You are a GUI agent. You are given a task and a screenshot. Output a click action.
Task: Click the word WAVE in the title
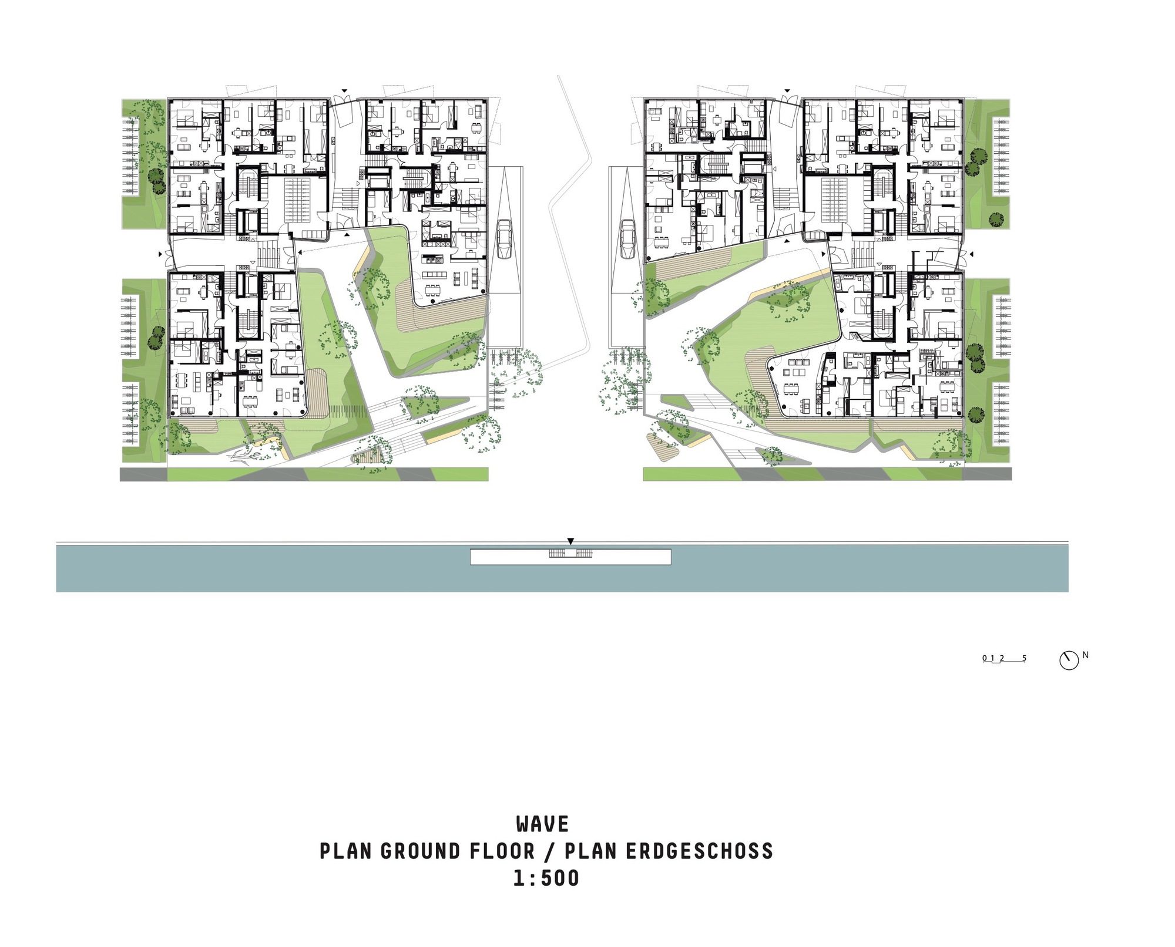coord(542,824)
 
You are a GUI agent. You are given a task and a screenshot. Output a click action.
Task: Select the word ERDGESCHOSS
coord(699,851)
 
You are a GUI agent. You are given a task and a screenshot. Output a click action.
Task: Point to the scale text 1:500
coord(546,878)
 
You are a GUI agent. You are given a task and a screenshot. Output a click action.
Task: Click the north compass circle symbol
coord(1069,660)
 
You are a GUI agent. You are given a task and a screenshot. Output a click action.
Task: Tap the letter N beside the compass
coord(1086,655)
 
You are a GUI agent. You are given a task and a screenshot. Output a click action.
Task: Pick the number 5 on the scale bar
coord(1024,658)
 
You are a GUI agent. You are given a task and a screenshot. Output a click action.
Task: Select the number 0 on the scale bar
coord(985,658)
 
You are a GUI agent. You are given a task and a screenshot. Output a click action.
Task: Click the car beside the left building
coord(505,239)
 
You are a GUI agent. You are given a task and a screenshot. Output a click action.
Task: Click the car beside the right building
coord(627,239)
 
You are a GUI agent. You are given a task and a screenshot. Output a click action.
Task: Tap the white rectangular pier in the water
coord(570,557)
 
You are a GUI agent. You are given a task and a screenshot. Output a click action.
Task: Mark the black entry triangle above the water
coord(570,541)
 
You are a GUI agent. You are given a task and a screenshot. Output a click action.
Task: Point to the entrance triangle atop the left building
coord(345,91)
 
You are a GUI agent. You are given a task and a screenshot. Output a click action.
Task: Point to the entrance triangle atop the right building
coord(787,91)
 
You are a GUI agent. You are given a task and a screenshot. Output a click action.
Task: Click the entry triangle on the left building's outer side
coord(160,254)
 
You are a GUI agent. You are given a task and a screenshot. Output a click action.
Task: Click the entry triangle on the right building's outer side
coord(971,254)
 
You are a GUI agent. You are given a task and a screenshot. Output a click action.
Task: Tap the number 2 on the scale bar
coord(1002,658)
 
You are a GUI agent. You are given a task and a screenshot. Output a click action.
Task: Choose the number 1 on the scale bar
coord(992,658)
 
